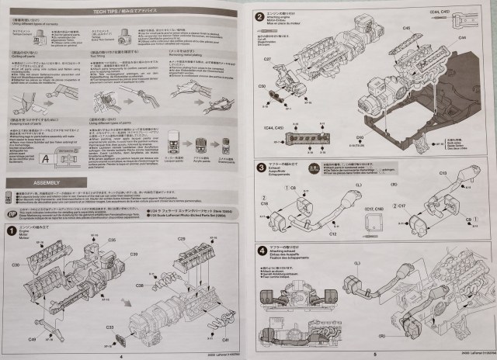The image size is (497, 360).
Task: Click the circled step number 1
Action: [x=12, y=230]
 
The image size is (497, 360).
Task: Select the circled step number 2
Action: [x=260, y=16]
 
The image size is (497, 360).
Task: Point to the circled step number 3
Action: [x=260, y=167]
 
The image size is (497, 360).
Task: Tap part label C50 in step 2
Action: [x=262, y=85]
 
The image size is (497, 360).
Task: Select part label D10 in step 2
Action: [x=359, y=137]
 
